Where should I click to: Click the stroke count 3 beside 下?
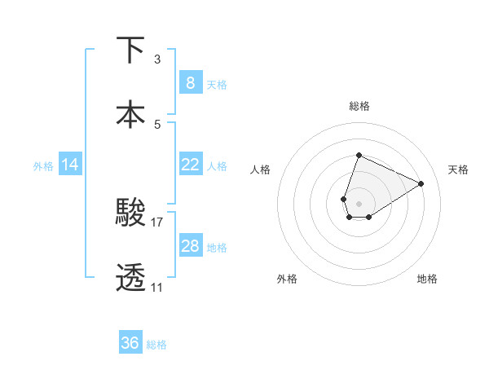[157, 59]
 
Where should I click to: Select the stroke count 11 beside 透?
[157, 288]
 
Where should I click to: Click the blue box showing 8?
[190, 83]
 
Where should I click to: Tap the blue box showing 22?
[190, 165]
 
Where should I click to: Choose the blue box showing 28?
[190, 246]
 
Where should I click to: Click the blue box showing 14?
[70, 165]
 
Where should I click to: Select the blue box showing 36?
[130, 343]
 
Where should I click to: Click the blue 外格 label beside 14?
[43, 165]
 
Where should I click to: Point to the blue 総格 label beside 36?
[156, 345]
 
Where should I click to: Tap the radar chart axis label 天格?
[459, 169]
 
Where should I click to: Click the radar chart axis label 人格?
[261, 169]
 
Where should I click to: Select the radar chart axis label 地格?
[427, 279]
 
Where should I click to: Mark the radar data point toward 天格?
[421, 183]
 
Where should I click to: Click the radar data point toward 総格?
[359, 155]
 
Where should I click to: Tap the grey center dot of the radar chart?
[359, 202]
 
